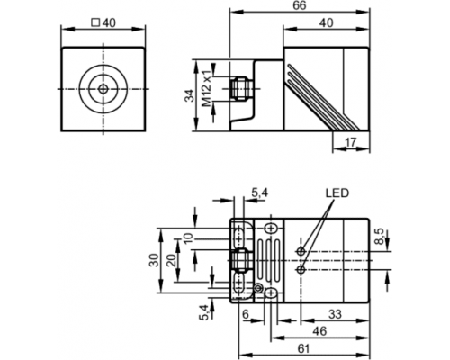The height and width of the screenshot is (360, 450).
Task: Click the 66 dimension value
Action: point(300,5)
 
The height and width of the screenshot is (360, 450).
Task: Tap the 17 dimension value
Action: point(350,142)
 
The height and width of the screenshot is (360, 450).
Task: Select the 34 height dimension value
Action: point(190,95)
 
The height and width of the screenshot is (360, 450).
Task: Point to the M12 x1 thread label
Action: point(207,89)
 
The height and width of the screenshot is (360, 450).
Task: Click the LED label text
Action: point(337,193)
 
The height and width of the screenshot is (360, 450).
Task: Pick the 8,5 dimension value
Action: point(380,236)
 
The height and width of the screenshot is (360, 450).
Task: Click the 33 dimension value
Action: point(335,314)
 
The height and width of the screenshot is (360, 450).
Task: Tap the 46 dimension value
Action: point(319,331)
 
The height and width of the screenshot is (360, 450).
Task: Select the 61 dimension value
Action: point(303,348)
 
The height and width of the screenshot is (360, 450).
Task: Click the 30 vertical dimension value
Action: point(154,260)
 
